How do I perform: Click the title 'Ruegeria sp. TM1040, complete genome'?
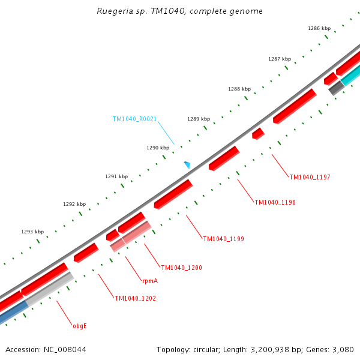click(179, 11)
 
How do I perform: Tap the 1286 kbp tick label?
click(319, 28)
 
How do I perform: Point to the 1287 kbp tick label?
click(280, 59)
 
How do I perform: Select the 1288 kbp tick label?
click(239, 89)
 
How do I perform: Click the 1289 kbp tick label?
click(199, 119)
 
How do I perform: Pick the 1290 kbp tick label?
click(158, 148)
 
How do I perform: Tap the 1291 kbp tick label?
click(116, 176)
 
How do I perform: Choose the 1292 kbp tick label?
click(74, 204)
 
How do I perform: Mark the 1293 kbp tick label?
click(32, 232)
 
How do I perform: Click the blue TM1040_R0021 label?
click(134, 119)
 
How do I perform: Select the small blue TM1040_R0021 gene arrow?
click(187, 164)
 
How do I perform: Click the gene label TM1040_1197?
click(310, 177)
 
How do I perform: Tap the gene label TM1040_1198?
click(275, 202)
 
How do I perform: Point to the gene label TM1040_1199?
click(223, 239)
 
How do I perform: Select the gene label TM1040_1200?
click(181, 267)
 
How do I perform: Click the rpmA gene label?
click(150, 281)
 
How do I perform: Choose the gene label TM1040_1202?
click(135, 298)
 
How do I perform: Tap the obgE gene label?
click(80, 326)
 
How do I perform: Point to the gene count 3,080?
click(343, 349)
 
